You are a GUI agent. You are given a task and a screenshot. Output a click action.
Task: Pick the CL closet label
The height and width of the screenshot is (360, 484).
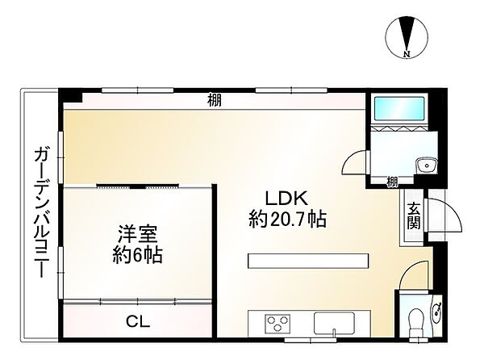coord(138,320)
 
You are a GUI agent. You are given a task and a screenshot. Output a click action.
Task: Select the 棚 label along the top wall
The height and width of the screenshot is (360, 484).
coord(214,101)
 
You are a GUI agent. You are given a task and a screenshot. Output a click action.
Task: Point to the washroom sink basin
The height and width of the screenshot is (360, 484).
coord(425,166)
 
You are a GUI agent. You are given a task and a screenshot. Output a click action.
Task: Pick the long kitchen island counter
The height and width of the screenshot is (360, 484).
coord(307,261)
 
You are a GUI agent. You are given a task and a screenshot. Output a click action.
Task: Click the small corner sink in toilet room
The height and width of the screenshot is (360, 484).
coord(436,309)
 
